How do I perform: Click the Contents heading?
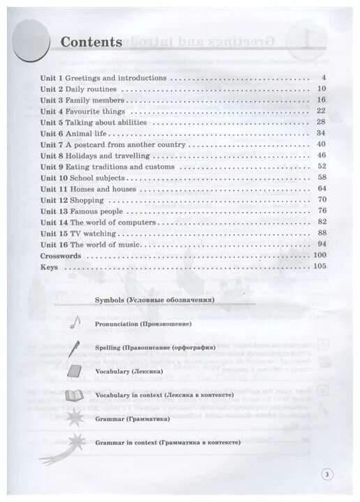(x=91, y=42)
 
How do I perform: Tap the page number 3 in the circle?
(x=328, y=475)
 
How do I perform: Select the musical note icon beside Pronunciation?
(x=75, y=323)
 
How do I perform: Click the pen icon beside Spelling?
(x=75, y=347)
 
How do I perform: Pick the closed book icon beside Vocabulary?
(x=75, y=372)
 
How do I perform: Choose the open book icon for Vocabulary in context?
(x=75, y=395)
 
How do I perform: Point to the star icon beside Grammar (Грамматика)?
(x=75, y=419)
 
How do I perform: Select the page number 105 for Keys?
(x=320, y=266)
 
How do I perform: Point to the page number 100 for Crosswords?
(x=320, y=256)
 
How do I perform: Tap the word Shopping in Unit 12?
(x=87, y=200)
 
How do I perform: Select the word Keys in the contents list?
(x=48, y=266)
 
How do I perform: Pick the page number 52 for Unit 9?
(x=322, y=167)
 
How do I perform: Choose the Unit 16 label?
(x=54, y=245)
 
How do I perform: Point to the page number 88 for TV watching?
(x=322, y=233)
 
